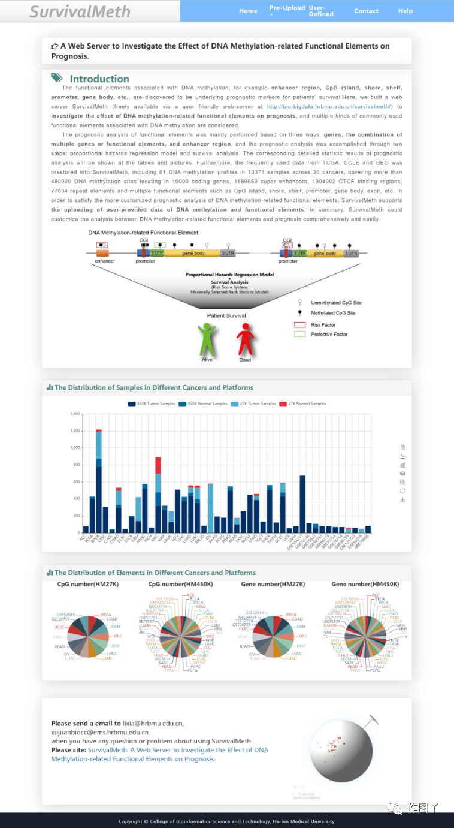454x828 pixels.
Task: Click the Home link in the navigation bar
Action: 248,11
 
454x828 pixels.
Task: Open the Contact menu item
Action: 366,11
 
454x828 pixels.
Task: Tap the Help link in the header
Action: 405,11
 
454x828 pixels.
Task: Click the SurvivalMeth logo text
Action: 80,11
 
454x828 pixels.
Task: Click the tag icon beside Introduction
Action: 57,78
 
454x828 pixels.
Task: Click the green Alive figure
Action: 207,339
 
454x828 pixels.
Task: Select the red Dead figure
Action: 245,339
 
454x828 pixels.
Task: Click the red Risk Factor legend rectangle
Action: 300,324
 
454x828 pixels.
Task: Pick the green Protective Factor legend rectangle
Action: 300,334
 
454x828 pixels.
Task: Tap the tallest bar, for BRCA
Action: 99,480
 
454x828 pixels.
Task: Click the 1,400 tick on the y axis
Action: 75,414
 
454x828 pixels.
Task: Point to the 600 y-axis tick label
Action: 76,481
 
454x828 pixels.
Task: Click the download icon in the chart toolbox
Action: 403,499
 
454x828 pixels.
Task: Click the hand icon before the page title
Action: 55,46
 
